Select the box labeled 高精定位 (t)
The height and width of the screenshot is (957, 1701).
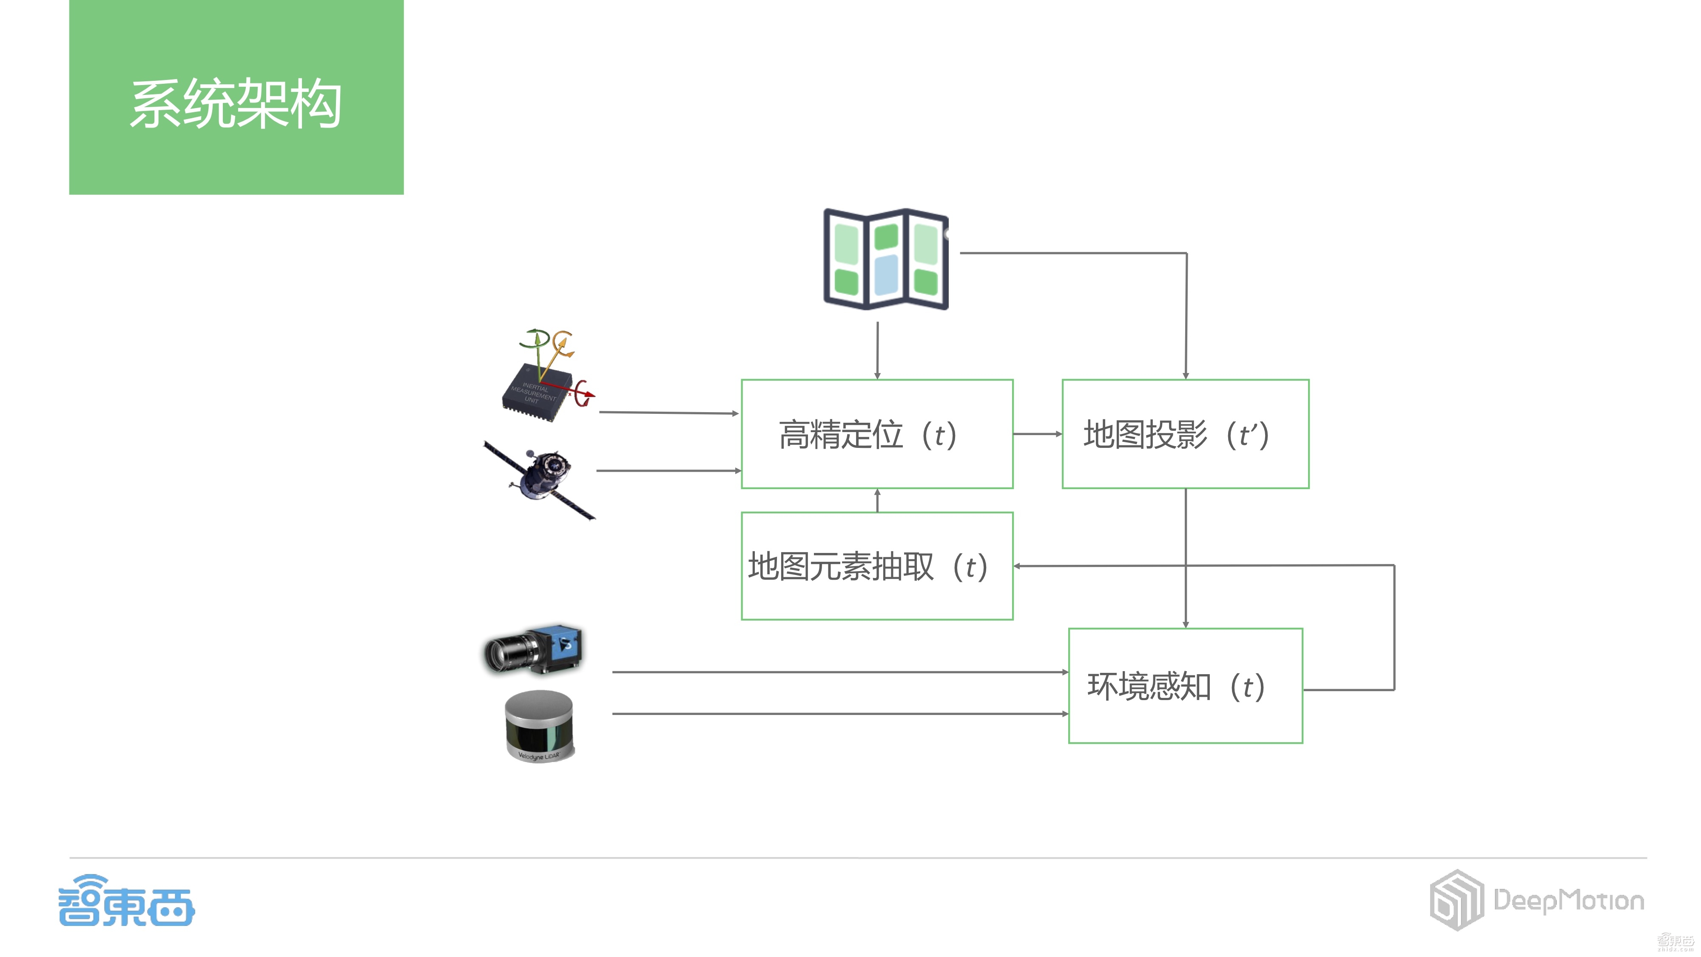(x=876, y=434)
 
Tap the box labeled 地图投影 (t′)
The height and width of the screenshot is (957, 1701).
(x=1185, y=434)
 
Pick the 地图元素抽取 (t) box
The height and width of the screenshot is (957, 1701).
(x=876, y=566)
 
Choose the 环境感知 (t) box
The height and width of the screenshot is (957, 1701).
(x=1185, y=686)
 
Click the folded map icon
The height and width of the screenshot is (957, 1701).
(x=885, y=259)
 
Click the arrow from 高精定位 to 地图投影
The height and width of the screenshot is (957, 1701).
(x=1037, y=434)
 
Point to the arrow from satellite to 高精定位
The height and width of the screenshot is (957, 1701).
(x=667, y=471)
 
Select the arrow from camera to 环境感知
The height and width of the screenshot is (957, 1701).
(x=839, y=672)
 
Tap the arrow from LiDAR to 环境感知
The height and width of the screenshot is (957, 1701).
(x=839, y=713)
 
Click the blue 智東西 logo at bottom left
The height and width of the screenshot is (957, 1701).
(x=126, y=902)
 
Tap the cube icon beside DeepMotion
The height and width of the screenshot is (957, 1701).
(x=1456, y=900)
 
